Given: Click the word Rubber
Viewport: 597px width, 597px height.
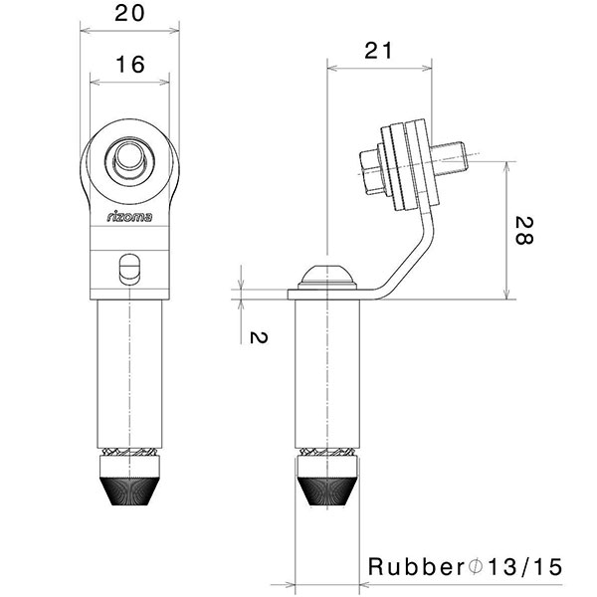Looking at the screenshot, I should [x=416, y=567].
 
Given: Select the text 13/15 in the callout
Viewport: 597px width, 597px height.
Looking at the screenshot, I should [x=521, y=567].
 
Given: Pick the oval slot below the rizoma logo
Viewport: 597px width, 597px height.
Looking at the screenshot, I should [x=129, y=268].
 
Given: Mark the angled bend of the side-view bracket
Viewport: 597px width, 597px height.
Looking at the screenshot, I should [x=406, y=264].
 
